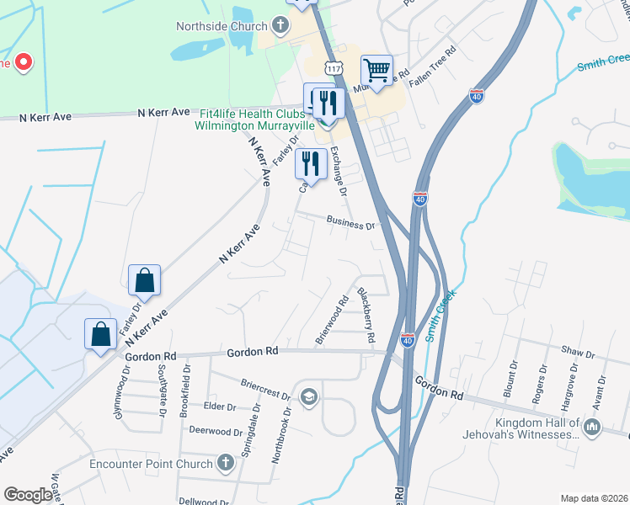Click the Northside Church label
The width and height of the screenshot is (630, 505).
click(x=221, y=25)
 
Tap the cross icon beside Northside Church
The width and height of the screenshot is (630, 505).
click(x=280, y=25)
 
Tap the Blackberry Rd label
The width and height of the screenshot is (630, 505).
click(x=364, y=315)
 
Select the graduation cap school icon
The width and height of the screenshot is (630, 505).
click(x=309, y=396)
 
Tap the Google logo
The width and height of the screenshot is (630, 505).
click(x=28, y=495)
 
